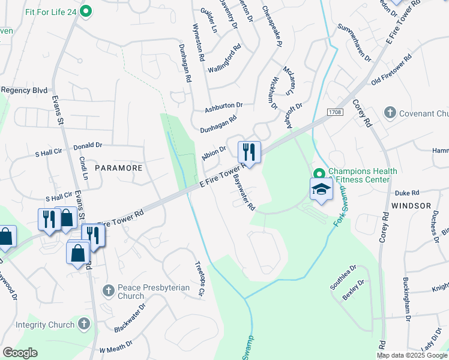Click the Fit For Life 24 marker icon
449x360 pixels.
pos(86,10)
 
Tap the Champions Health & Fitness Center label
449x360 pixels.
pos(362,175)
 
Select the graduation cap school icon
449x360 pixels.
pos(321,190)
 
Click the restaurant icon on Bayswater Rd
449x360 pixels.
pos(249,152)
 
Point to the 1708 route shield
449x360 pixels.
pos(335,112)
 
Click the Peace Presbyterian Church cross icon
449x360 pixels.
pos(109,290)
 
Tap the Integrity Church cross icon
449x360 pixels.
pos(83,325)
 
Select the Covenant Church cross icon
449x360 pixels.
pos(390,112)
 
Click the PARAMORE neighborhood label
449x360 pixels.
pos(118,168)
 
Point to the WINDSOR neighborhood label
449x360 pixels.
pos(411,205)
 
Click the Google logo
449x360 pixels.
pos(20,352)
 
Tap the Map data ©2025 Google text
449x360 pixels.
pos(412,355)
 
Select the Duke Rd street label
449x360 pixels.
pos(406,193)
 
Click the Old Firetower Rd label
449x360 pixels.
pos(391,70)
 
